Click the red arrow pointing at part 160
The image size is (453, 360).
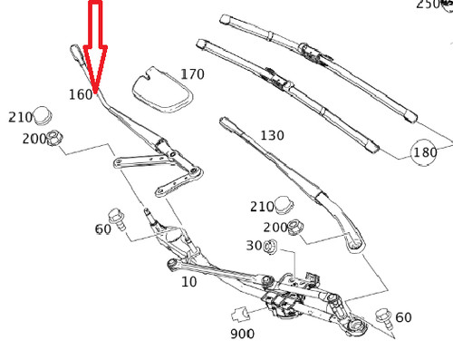(x=95, y=45)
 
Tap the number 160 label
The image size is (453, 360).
(x=81, y=94)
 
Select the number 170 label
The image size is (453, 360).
(x=193, y=74)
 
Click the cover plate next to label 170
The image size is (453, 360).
(x=162, y=90)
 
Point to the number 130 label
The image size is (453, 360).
(x=272, y=135)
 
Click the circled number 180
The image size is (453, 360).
(x=425, y=152)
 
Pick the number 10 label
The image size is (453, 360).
(x=189, y=282)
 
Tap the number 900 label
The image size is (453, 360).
(x=242, y=334)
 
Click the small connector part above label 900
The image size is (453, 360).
(x=240, y=314)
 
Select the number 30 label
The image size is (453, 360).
(x=254, y=246)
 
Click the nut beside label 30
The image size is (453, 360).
(x=270, y=247)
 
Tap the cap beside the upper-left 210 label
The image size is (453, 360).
(x=43, y=115)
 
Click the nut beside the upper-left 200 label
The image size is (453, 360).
(x=54, y=138)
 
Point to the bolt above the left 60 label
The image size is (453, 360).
(x=117, y=219)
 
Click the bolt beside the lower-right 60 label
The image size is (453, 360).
(x=384, y=318)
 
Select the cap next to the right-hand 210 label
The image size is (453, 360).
(x=284, y=205)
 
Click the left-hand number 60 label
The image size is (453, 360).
(x=103, y=229)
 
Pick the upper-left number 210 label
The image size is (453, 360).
(x=20, y=117)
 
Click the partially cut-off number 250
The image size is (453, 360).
(x=428, y=5)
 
